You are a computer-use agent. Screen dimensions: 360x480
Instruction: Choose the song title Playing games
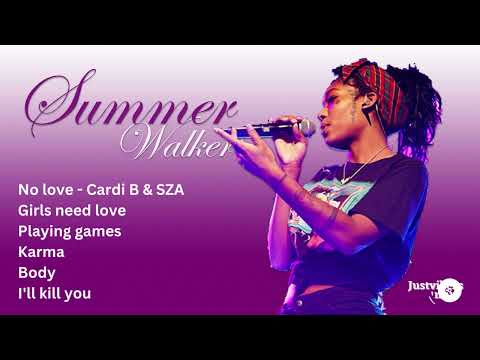point(69,231)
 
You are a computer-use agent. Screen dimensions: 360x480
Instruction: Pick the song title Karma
point(41,251)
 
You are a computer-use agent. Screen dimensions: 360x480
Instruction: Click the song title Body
point(37,272)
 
